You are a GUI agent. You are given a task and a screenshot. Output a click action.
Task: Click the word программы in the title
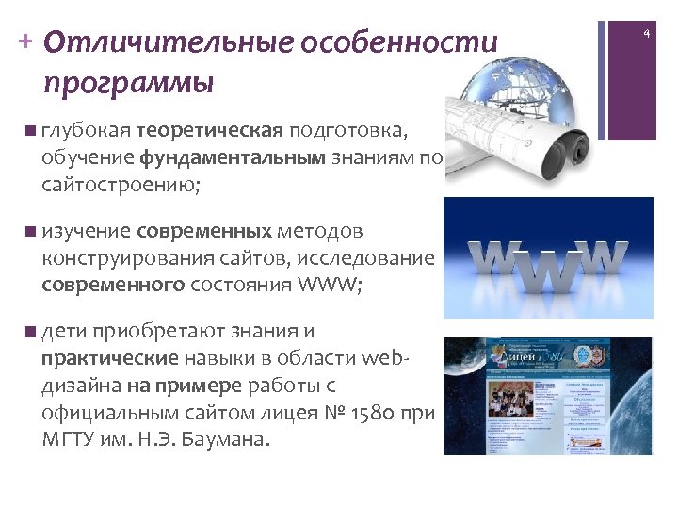pyautogui.click(x=128, y=84)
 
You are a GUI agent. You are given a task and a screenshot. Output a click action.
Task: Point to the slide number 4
pyautogui.click(x=647, y=34)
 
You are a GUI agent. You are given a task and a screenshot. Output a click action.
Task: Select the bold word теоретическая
pyautogui.click(x=209, y=129)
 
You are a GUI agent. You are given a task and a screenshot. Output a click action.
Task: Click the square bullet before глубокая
pyautogui.click(x=33, y=130)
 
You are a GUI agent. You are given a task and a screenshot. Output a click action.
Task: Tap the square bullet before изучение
pyautogui.click(x=33, y=231)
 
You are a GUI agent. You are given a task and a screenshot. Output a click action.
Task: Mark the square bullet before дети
pyautogui.click(x=33, y=332)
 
